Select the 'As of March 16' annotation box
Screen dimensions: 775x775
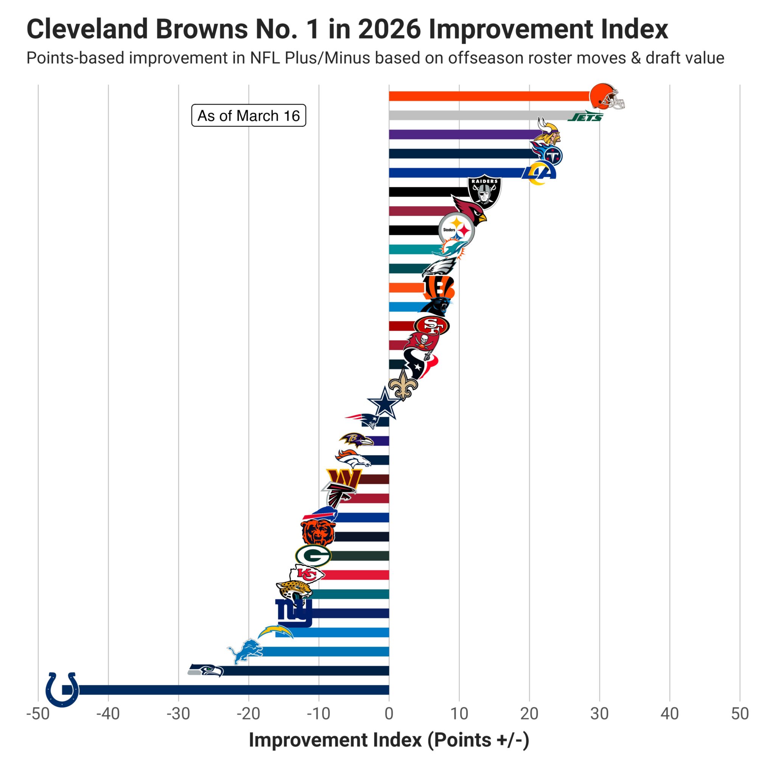[x=248, y=115]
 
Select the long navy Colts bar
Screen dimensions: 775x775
[x=233, y=689]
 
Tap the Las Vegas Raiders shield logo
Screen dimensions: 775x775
[x=484, y=191]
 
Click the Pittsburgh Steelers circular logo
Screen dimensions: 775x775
[x=456, y=230]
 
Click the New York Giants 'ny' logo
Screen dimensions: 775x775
[x=294, y=613]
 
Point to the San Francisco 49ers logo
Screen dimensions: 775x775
[x=431, y=326]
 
